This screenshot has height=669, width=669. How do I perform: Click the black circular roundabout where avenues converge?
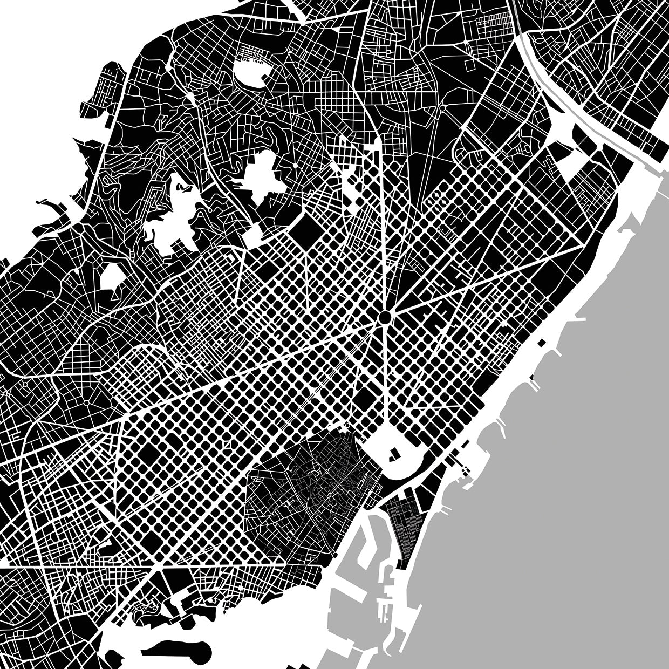[x=385, y=317]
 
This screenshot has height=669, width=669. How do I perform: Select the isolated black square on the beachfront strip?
[x=540, y=342]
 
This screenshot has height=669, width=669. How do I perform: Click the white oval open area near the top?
[x=251, y=71]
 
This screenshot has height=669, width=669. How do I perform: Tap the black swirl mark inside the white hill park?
[x=183, y=188]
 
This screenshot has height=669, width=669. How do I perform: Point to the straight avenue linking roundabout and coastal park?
[x=386, y=378]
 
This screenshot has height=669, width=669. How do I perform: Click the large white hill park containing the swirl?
[x=173, y=216]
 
